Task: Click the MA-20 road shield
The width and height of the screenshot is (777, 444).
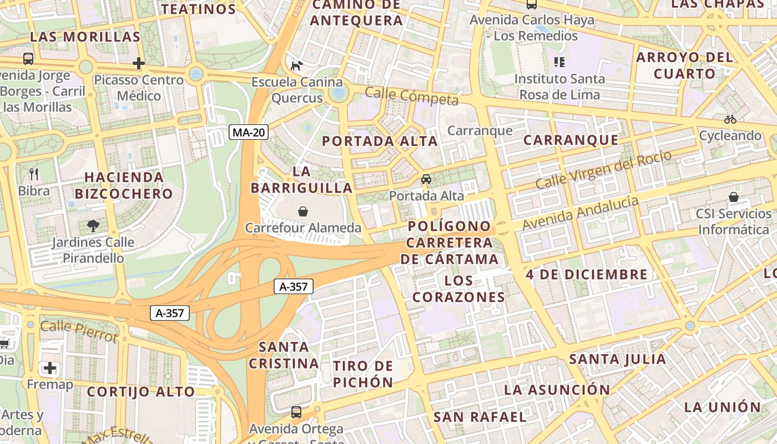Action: (x=249, y=132)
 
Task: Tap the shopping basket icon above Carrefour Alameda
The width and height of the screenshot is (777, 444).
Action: (x=303, y=211)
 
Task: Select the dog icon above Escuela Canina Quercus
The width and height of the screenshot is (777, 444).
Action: (x=297, y=65)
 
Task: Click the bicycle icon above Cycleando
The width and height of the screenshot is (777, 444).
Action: (x=730, y=119)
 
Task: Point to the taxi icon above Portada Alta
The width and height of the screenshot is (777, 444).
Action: (x=426, y=179)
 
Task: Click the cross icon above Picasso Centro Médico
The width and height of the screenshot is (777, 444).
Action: (x=139, y=63)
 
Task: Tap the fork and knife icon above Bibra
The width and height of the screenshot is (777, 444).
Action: (x=34, y=174)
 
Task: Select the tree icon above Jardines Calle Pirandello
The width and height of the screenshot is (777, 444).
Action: (x=93, y=225)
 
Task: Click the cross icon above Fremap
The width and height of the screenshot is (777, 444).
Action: (x=50, y=367)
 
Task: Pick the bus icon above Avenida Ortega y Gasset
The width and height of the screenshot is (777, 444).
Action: (x=296, y=412)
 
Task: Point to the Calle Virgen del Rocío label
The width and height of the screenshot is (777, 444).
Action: (x=603, y=169)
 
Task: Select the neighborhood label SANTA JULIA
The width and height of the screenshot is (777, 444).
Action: (x=618, y=359)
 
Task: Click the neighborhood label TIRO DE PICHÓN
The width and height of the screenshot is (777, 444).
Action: (x=363, y=374)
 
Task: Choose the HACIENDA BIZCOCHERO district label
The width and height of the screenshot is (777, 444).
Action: (x=124, y=185)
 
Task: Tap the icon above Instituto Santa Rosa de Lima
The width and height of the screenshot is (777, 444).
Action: (x=559, y=62)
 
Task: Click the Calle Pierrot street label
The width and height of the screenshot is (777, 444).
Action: (x=79, y=331)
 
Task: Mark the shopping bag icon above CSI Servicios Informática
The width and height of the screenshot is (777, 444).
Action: (x=734, y=197)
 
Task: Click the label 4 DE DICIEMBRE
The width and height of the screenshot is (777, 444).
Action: (x=587, y=274)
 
